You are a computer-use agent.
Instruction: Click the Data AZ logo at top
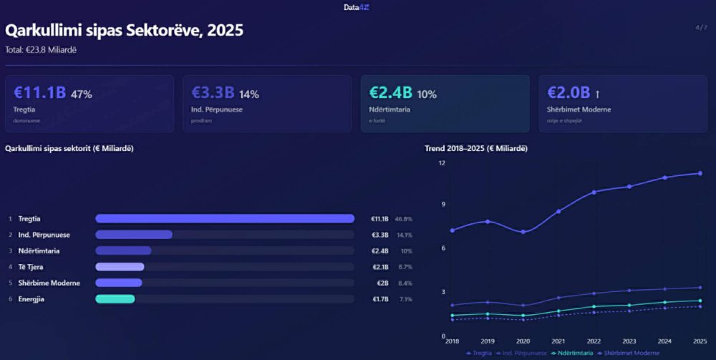tap(356, 7)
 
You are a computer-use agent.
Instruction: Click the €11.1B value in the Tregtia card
tap(39, 93)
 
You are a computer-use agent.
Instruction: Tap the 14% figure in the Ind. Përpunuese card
tap(249, 94)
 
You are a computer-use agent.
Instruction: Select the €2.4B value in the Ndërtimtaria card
tap(390, 93)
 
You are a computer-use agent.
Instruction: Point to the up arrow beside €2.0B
tap(597, 94)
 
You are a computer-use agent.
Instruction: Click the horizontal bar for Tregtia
tap(225, 218)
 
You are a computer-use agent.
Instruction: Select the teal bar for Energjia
tap(115, 298)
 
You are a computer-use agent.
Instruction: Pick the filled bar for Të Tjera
tap(120, 267)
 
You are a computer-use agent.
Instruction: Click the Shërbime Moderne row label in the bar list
tap(49, 283)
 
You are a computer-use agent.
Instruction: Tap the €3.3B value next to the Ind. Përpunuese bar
tap(379, 235)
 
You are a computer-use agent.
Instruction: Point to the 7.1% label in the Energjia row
tap(405, 299)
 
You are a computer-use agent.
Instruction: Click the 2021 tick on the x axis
tap(558, 341)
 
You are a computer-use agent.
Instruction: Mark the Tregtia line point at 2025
tap(700, 173)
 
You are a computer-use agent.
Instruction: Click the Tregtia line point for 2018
tap(452, 230)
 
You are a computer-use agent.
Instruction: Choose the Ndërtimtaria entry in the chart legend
tap(570, 353)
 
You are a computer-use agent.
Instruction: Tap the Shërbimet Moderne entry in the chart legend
tap(630, 353)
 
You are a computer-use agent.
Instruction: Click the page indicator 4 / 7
tap(700, 28)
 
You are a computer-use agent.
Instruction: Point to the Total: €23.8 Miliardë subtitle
tap(41, 49)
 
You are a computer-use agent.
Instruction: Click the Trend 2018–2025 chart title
tap(476, 148)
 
